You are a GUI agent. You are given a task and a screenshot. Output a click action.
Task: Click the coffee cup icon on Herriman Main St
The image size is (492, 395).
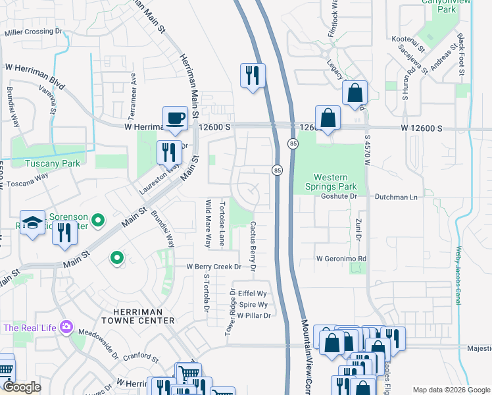coord(175,118)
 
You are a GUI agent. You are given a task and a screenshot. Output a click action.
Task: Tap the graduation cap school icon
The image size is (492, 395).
coord(32,223)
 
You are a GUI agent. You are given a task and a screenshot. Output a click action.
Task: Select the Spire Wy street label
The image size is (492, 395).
coord(253,305)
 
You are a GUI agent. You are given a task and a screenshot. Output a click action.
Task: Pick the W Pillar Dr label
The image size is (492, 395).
coord(254,315)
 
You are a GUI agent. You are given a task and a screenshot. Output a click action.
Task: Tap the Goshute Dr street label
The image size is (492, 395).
coord(338,196)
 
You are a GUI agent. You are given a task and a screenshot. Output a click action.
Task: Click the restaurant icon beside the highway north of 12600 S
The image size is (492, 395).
coord(252,76)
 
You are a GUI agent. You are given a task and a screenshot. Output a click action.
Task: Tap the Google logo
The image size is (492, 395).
coord(22,387)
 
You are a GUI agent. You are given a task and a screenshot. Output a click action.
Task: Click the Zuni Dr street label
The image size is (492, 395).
coord(359,226)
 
